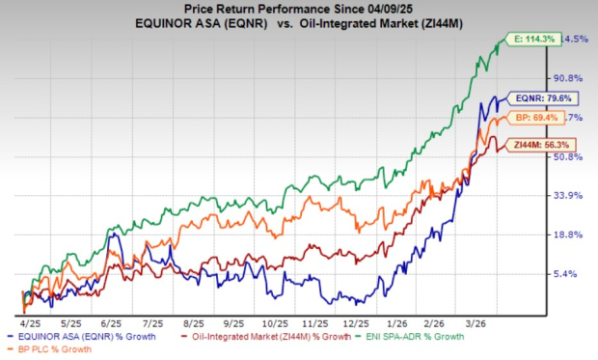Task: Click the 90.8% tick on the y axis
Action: (567, 78)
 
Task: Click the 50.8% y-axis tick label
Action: (567, 157)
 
